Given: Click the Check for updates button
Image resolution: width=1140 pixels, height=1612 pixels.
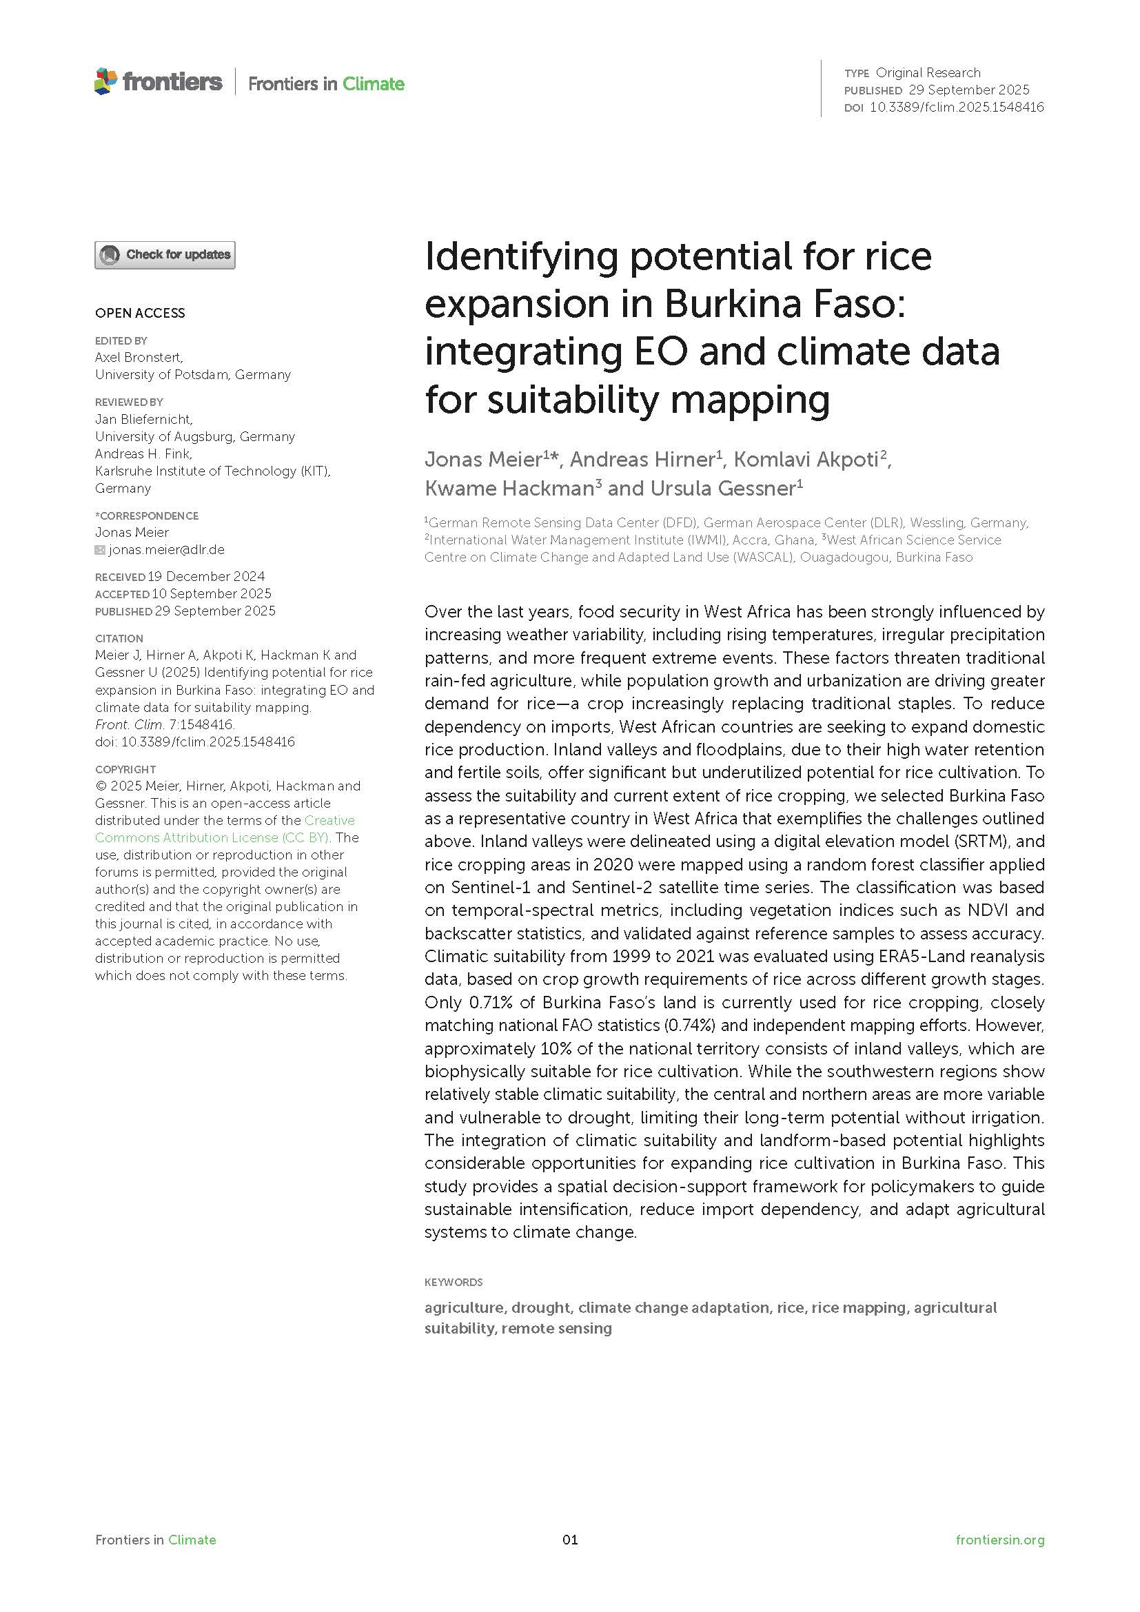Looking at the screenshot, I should click(165, 255).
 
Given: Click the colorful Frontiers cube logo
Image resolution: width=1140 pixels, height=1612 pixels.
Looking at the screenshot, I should click(105, 81).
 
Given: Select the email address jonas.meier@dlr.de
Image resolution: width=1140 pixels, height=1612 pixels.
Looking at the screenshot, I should click(166, 550).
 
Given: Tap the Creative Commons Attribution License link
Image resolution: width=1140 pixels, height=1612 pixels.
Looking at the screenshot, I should click(225, 828).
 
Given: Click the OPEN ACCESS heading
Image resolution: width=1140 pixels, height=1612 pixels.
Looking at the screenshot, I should click(141, 313).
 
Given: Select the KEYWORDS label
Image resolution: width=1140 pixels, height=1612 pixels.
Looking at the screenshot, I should click(454, 1282).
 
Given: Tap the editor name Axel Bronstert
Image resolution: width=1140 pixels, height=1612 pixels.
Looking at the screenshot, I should click(139, 358).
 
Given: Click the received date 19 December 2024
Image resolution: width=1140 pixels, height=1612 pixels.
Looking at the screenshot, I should click(205, 576).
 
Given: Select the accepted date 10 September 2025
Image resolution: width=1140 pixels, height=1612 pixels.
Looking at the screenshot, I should click(212, 594).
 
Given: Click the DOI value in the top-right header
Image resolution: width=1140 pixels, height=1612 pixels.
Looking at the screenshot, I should click(957, 108).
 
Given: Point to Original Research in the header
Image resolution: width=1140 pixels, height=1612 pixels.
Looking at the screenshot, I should click(928, 72).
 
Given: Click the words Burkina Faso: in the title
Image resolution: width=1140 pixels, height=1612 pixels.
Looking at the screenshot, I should click(785, 304).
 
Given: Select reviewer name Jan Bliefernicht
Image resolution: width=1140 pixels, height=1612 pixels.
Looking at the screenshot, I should click(143, 419).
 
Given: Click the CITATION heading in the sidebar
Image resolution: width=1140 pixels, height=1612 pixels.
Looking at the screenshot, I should click(119, 638).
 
